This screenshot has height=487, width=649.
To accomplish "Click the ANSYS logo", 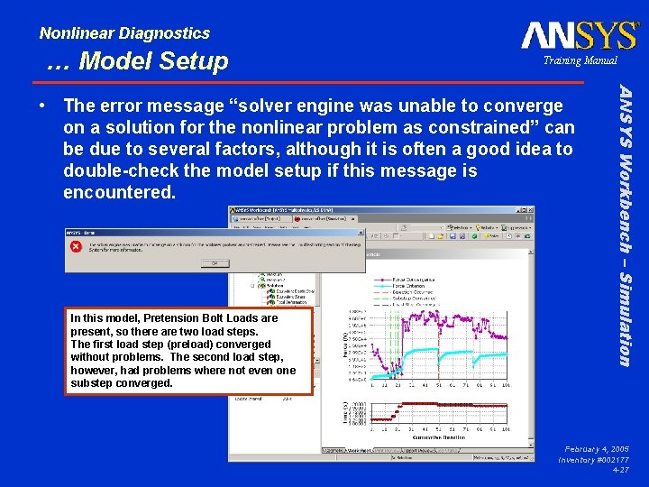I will (x=580, y=35).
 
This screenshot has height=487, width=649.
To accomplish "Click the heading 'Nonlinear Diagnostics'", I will (x=124, y=33).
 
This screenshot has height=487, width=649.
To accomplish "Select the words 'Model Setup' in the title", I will (x=154, y=61).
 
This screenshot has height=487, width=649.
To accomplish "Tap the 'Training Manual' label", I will (x=580, y=60).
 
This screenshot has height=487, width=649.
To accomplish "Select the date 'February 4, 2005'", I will (x=596, y=448).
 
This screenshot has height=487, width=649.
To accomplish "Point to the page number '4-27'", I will (x=620, y=470).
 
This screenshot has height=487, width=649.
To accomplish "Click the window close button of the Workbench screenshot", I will (x=530, y=209).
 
